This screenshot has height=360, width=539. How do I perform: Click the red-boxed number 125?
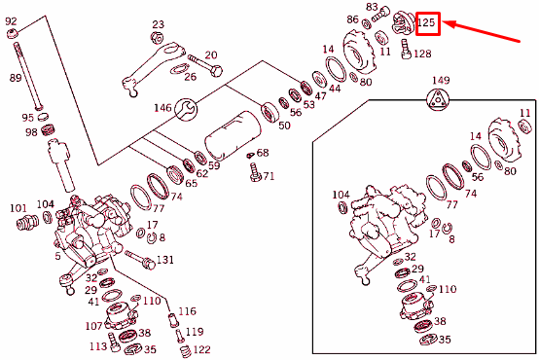[x=427, y=22]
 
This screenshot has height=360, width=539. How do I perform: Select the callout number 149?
[x=441, y=80]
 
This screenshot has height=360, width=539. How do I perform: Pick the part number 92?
[x=13, y=18]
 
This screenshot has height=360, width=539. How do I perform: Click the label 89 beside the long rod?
[x=16, y=77]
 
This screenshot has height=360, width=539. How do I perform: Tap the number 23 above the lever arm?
[x=159, y=24]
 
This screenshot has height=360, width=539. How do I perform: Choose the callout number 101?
[x=18, y=207]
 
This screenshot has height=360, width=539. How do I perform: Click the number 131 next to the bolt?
[x=165, y=260]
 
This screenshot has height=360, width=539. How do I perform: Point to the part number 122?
[x=200, y=349]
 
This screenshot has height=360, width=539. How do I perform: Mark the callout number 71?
[x=269, y=176]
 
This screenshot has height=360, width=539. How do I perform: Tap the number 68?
[x=263, y=153]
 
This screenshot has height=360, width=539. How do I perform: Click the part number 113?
[x=98, y=345]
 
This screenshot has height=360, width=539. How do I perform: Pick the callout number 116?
[x=187, y=311]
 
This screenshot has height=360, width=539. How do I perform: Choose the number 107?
[x=93, y=326]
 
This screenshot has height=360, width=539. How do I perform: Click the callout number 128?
[x=421, y=54]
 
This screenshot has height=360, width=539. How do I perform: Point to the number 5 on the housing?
[x=57, y=257]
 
